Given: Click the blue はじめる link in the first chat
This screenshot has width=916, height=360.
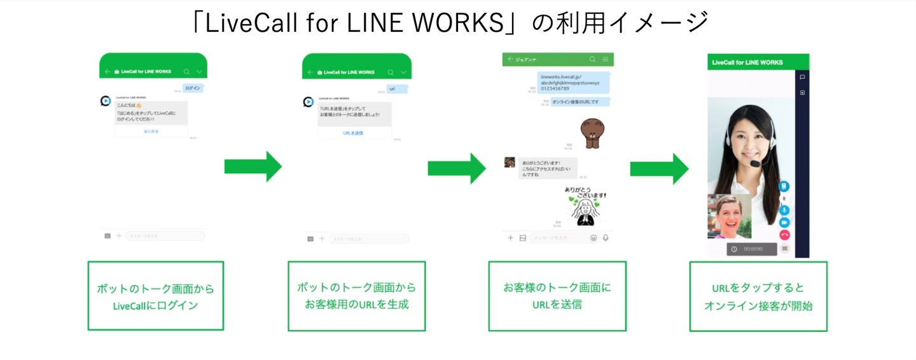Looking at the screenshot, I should [151, 131].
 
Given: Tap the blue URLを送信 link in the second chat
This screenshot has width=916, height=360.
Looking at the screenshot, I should [353, 133].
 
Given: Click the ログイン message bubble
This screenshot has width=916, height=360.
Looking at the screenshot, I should [193, 88].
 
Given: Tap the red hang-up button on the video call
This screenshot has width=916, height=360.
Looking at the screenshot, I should [784, 235].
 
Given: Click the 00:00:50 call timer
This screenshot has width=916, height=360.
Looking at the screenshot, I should [753, 249].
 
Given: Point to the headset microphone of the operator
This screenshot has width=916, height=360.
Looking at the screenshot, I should [755, 163].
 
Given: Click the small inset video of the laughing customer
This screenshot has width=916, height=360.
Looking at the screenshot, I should [729, 216].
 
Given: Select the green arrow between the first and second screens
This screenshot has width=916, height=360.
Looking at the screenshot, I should [253, 167].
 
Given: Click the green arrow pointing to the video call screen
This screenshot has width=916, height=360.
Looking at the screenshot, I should [659, 169].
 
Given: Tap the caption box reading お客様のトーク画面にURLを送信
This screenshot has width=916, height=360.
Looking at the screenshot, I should [557, 296].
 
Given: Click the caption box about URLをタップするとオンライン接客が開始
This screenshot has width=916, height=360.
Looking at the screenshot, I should [758, 296].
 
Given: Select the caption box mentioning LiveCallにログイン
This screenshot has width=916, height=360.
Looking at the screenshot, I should [155, 296].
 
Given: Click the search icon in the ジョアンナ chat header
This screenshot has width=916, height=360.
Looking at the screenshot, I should [592, 59].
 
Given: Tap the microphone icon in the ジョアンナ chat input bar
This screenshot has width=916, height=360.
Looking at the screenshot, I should [606, 238].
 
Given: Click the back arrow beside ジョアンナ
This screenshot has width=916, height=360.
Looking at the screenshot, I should [510, 59].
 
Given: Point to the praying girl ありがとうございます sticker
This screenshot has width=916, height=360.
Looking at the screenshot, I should [585, 207].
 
